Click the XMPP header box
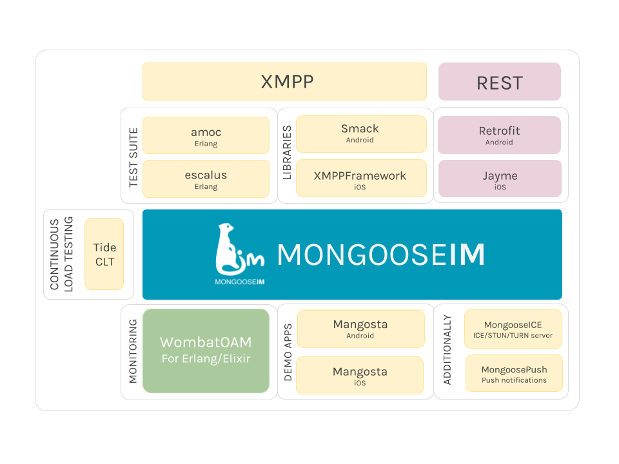pyautogui.click(x=284, y=82)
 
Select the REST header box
pyautogui.click(x=500, y=82)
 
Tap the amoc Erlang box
pyautogui.click(x=206, y=135)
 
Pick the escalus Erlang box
pyautogui.click(x=206, y=179)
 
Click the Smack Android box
pyautogui.click(x=360, y=134)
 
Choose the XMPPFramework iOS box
pyautogui.click(x=360, y=179)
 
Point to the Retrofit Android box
pyautogui.click(x=499, y=135)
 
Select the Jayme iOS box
pyautogui.click(x=499, y=179)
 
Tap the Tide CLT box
pyautogui.click(x=104, y=254)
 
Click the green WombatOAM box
pyautogui.click(x=206, y=351)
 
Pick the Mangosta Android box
pyautogui.click(x=360, y=329)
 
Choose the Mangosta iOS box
pyautogui.click(x=360, y=375)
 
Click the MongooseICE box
pyautogui.click(x=513, y=329)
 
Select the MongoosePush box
pyautogui.click(x=514, y=374)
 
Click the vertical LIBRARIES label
pyautogui.click(x=287, y=153)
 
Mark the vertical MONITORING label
pyautogui.click(x=133, y=351)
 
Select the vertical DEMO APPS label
pyautogui.click(x=288, y=352)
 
